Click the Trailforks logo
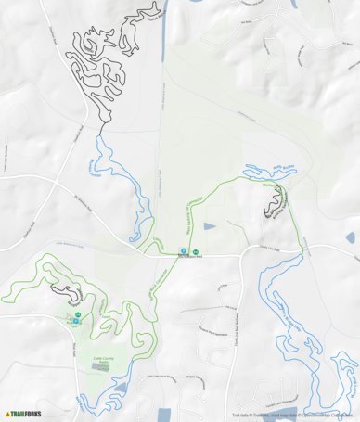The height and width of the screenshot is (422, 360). pyautogui.click(x=25, y=414)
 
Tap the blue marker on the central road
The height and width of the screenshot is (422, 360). pyautogui.click(x=184, y=250)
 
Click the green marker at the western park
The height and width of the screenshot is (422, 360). pyautogui.click(x=78, y=314)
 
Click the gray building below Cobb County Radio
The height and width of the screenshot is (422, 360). pyautogui.click(x=104, y=367)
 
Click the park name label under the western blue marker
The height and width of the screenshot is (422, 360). pyautogui.click(x=72, y=326)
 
